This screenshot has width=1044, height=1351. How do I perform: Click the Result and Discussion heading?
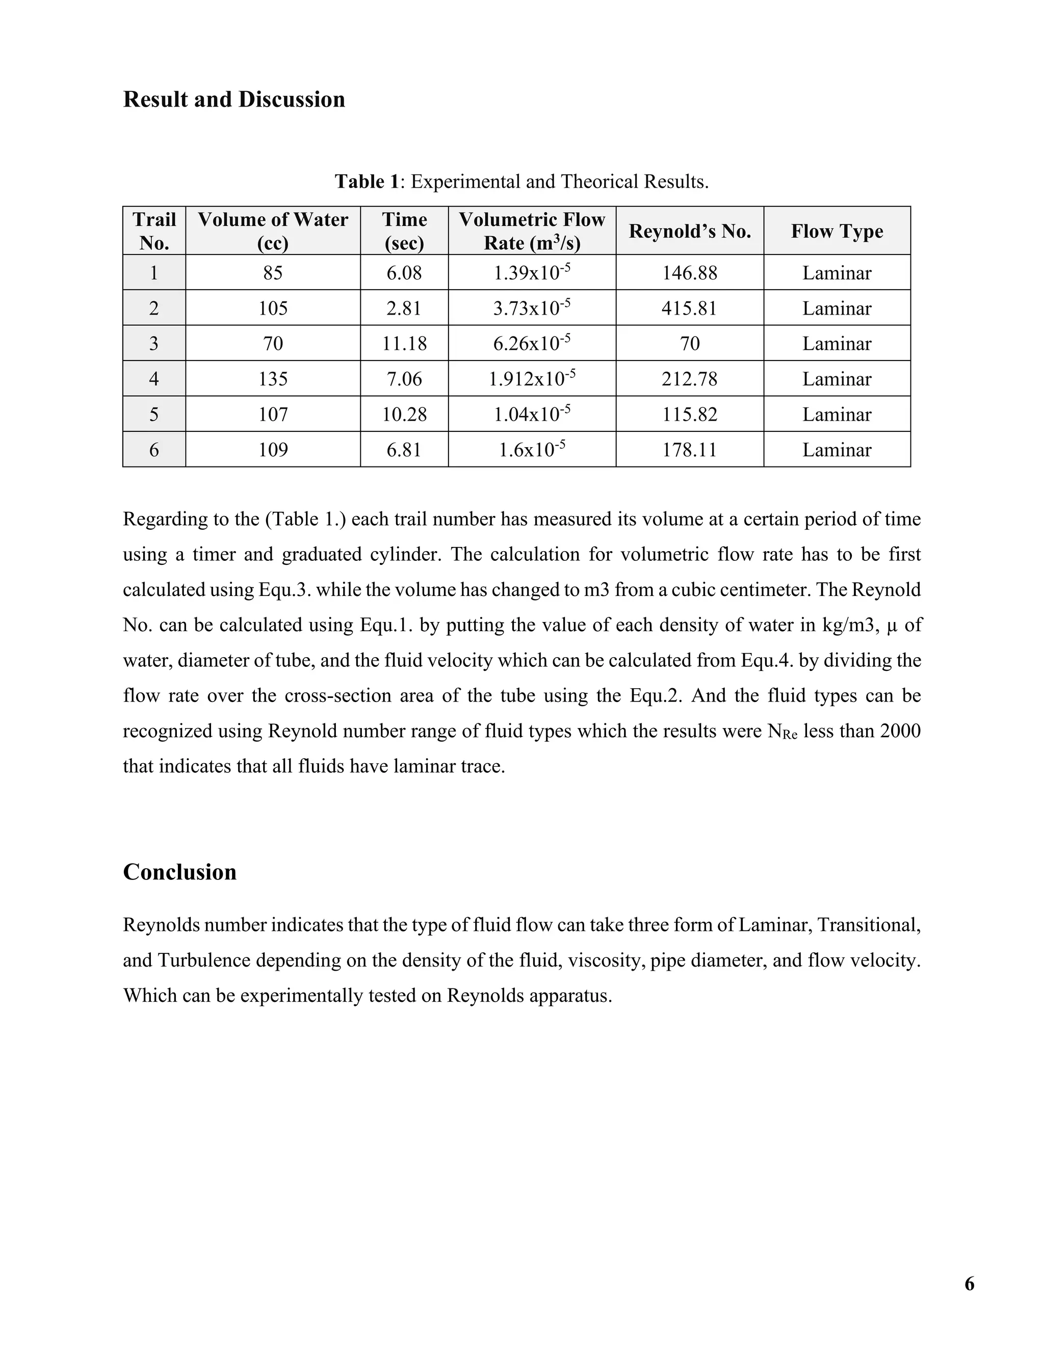[x=234, y=99]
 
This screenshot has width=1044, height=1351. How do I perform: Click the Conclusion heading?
[x=179, y=872]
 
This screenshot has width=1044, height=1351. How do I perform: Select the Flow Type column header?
[x=837, y=231]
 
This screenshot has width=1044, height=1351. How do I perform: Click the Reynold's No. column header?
[x=690, y=231]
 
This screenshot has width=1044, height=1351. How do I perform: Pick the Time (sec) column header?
[x=404, y=231]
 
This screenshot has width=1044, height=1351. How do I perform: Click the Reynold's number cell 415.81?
[x=690, y=308]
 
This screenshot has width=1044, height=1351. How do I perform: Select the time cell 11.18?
[x=404, y=343]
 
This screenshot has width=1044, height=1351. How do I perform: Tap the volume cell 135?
[x=273, y=379]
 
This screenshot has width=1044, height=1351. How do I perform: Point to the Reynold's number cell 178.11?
[x=690, y=450]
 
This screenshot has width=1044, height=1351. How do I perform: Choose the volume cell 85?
[x=273, y=273]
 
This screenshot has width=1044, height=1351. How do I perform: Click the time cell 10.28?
[x=404, y=414]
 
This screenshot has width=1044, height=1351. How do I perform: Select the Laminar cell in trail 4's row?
[x=837, y=379]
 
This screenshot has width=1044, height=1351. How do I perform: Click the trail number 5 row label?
[x=154, y=414]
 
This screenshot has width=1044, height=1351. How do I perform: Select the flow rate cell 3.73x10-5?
[x=532, y=307]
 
